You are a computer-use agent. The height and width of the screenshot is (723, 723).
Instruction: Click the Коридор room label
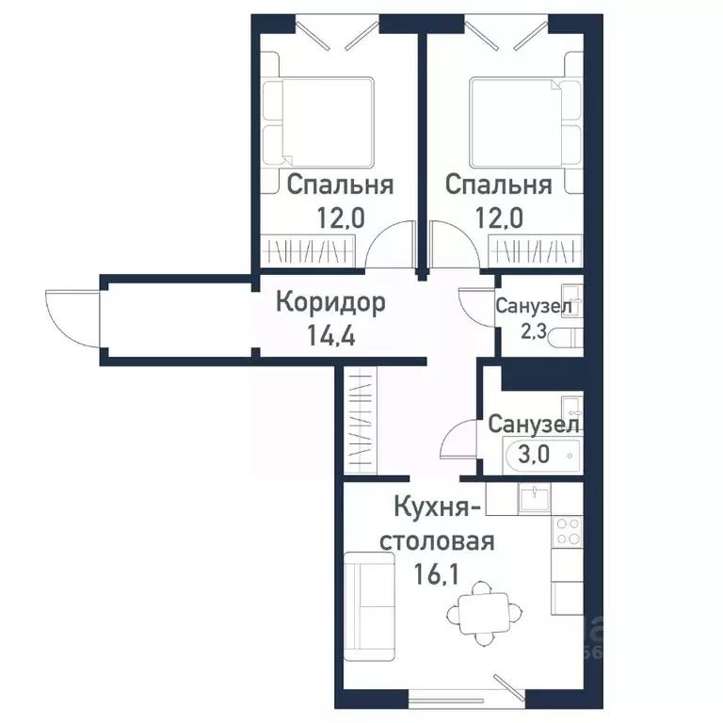(330, 303)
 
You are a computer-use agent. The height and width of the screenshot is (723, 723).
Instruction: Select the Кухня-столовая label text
(439, 526)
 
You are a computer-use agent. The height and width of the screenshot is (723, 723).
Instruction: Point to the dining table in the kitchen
(481, 616)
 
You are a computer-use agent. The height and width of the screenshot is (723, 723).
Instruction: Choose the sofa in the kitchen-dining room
(368, 611)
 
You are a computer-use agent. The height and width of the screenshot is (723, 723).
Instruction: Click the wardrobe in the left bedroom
(311, 252)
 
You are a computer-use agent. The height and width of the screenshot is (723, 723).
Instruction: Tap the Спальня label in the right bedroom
(498, 185)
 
